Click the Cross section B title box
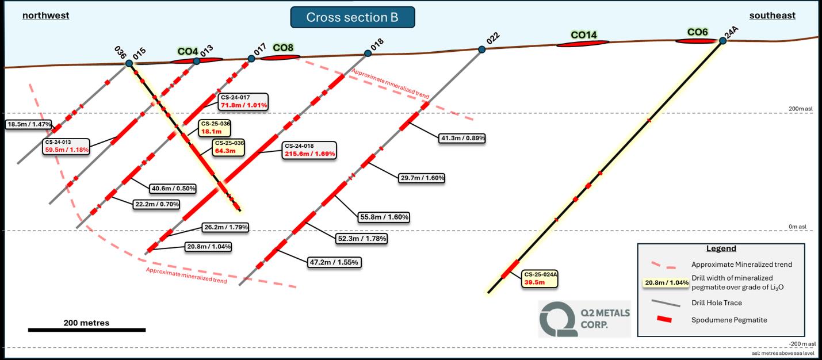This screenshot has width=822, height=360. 352,17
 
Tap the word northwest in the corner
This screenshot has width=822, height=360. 45,16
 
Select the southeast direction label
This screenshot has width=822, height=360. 773,16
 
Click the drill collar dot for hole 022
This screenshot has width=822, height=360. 482,49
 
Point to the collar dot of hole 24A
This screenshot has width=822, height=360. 722,41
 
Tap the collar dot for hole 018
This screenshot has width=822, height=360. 368,53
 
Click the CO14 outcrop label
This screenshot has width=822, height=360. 584,35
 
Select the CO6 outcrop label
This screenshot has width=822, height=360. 697,32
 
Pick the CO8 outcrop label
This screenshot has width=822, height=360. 283,48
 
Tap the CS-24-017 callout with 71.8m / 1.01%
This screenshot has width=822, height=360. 243,102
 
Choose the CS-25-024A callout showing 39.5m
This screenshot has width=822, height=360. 540,278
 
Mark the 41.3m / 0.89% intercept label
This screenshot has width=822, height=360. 462,138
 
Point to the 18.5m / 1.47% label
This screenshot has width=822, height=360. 29,124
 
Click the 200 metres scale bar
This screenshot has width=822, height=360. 86,330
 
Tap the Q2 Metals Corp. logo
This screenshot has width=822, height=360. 584,318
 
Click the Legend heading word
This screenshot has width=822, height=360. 721,248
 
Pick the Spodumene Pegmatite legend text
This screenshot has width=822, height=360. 729,319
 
